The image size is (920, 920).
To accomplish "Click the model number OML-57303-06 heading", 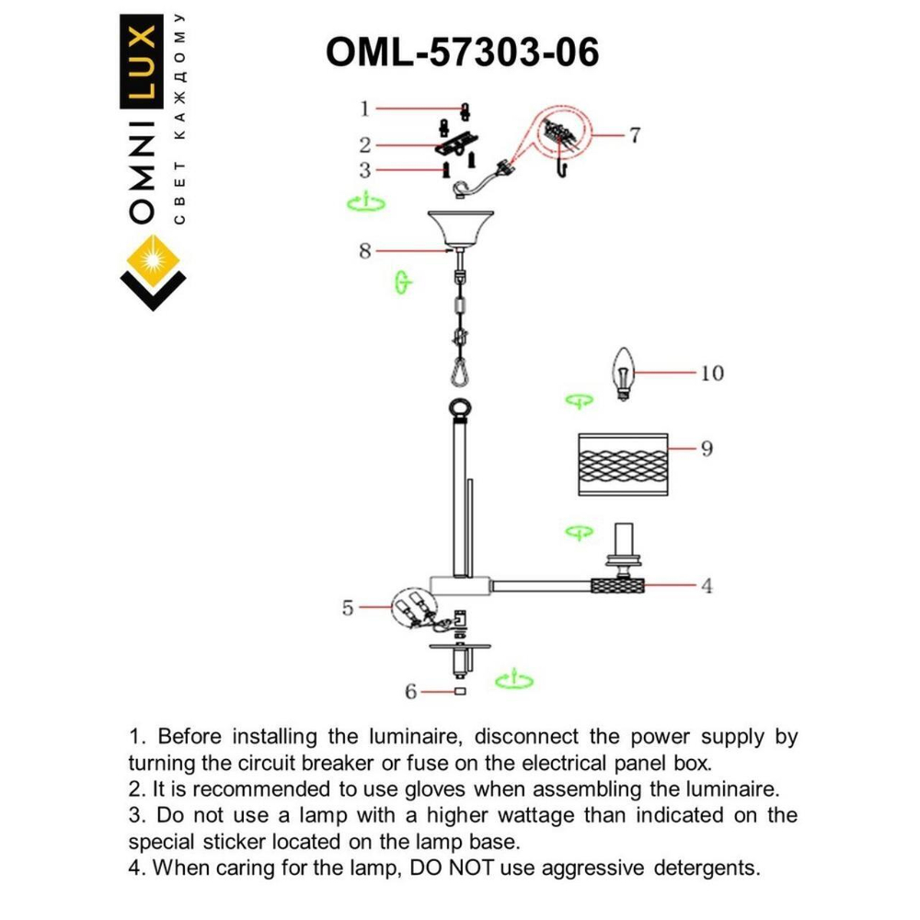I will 462,52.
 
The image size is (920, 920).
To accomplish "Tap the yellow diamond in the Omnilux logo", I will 152,260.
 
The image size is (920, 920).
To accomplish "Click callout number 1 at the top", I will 365,109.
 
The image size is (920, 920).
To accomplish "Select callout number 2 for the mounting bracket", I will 365,144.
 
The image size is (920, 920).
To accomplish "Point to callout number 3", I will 365,170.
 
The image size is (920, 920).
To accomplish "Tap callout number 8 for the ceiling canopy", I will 365,250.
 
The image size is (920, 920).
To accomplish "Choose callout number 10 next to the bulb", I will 711,373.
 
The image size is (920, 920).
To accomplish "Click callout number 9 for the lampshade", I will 707,449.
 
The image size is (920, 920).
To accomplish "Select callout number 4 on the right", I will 707,585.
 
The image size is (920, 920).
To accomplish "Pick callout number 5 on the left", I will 348,607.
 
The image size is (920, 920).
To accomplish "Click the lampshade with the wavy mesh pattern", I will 621,465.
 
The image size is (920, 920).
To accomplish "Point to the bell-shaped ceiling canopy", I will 461,229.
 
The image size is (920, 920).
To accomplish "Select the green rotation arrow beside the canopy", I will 365,203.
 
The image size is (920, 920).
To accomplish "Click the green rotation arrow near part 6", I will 513,681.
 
